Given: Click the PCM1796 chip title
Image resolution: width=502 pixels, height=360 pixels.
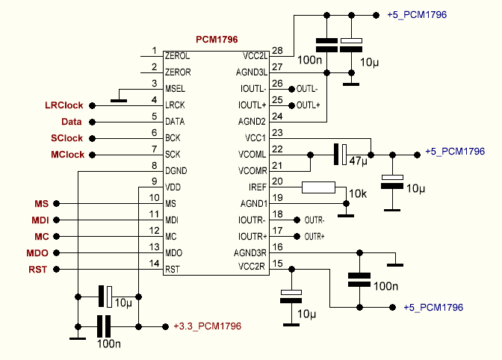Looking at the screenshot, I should click(x=217, y=39).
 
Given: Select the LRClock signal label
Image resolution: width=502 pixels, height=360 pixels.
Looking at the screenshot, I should click(x=64, y=105).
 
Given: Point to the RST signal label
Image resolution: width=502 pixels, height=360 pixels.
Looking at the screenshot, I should click(x=38, y=270).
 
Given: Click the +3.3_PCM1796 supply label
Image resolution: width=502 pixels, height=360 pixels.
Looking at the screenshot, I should click(x=207, y=326).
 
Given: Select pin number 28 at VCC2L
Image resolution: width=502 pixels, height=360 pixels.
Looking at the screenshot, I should click(x=278, y=51).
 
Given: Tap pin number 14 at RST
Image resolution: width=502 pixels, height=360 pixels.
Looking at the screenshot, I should click(x=154, y=264).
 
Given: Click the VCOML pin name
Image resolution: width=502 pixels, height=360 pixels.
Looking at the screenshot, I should click(x=253, y=154).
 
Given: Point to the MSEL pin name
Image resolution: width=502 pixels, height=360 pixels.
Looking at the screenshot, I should click(x=176, y=89).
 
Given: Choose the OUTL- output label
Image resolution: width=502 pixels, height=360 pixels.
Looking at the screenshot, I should click(x=307, y=89).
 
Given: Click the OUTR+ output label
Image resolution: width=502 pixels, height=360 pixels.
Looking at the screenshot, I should click(x=314, y=237).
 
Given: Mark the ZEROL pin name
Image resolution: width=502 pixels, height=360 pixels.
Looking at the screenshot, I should click(x=178, y=55).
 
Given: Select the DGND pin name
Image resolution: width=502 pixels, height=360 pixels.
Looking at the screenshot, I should click(x=176, y=171).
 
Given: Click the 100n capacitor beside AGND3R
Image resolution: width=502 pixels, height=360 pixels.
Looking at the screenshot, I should click(x=359, y=279).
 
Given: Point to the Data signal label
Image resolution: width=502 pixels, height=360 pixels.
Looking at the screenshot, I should click(x=71, y=122).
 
